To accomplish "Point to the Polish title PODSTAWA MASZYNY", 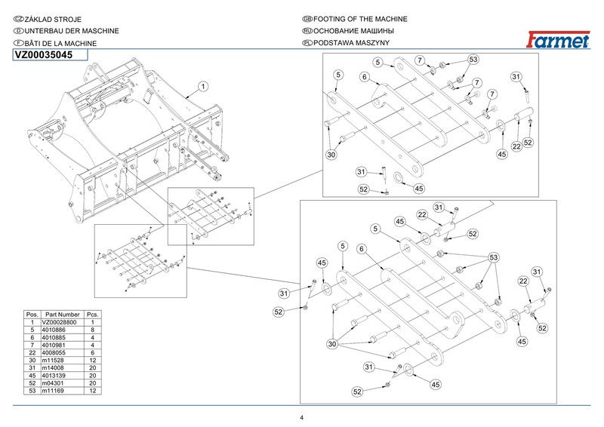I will coord(350,43).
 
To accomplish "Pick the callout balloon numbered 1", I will coord(203,87).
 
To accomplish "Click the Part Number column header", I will coord(62,314).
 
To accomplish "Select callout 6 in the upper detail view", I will coord(364,77).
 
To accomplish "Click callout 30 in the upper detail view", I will coord(331,154).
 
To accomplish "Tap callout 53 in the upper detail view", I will coord(473,59).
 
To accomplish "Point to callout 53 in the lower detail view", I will coord(494,259).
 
